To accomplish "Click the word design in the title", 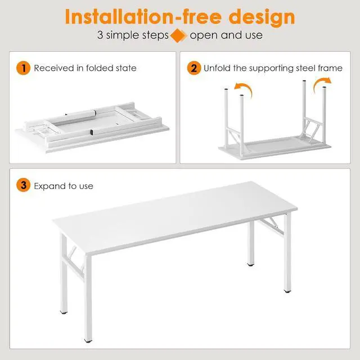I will coord(259,16).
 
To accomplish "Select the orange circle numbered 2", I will coord(193,69).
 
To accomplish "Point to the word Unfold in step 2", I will coord(217,69).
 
